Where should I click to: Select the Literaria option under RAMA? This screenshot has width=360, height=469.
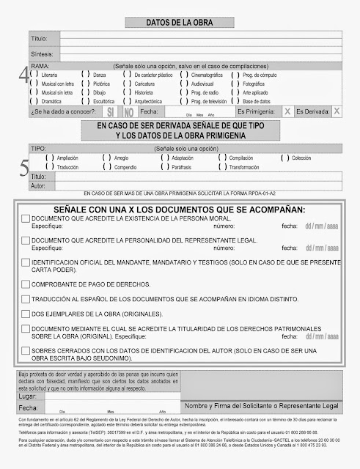[x=34, y=75]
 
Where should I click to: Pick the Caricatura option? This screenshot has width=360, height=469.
[x=128, y=84]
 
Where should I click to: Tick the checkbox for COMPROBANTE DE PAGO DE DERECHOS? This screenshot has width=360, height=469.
[x=26, y=283]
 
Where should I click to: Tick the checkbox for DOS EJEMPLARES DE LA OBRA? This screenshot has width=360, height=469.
[x=26, y=313]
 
